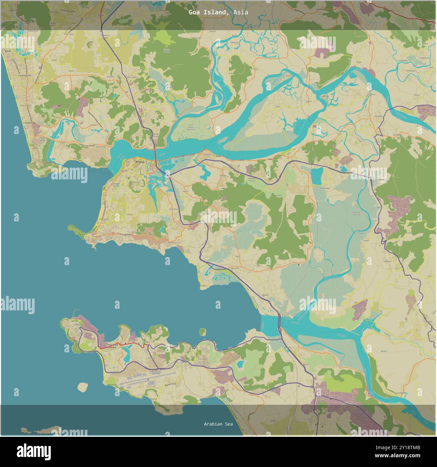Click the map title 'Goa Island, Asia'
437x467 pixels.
pyautogui.click(x=218, y=12)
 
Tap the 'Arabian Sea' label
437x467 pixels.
pyautogui.click(x=218, y=424)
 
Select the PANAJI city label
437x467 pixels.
pyautogui.click(x=140, y=162)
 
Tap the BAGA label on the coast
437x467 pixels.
pyautogui.click(x=7, y=51)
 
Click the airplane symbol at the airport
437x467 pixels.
pyautogui.click(x=148, y=380)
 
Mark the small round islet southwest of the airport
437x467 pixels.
pyautogui.click(x=82, y=387)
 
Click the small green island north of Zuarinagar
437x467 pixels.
pyautogui.click(x=202, y=332)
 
